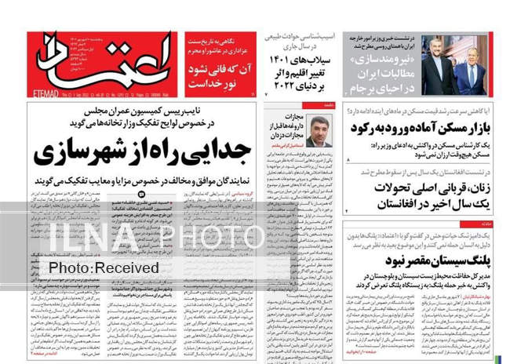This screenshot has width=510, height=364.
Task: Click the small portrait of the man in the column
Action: tap(317, 132)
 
